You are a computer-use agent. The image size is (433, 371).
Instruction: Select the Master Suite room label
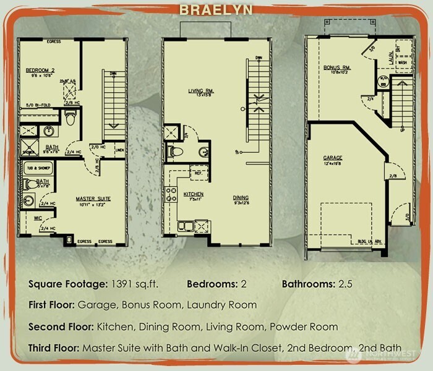point(93,199)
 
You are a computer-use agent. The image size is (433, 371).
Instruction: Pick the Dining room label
point(241,198)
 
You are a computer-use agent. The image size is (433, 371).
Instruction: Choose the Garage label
point(333,158)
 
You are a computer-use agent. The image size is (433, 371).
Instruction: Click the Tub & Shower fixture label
point(36,168)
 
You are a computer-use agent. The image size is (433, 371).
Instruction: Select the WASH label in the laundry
point(401,62)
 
